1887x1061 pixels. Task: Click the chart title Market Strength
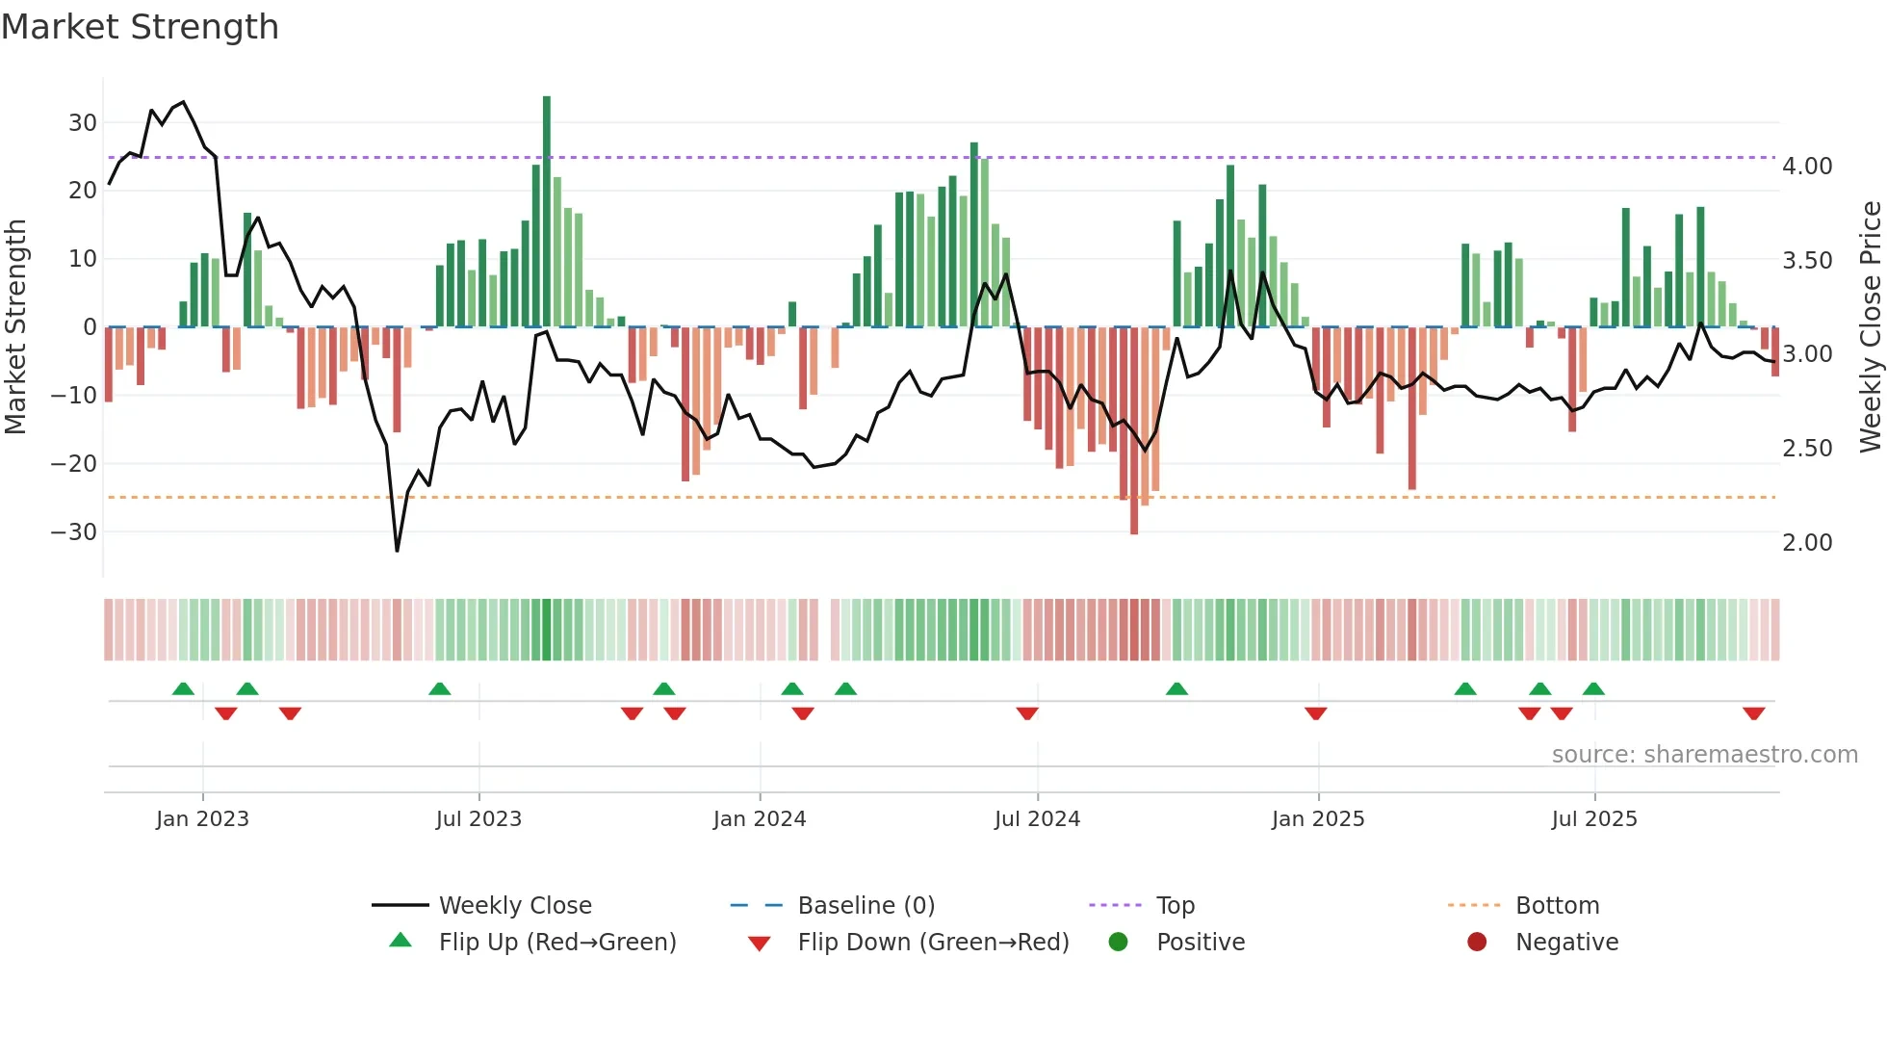pos(140,27)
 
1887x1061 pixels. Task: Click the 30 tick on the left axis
pos(82,123)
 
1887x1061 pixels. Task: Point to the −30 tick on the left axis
pos(74,532)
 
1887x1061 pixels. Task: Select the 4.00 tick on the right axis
pos(1807,167)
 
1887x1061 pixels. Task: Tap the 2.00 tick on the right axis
pos(1807,543)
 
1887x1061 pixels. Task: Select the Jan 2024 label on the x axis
pos(760,819)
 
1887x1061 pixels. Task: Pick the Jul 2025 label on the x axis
pos(1594,819)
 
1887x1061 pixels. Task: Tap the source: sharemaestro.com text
pos(1704,755)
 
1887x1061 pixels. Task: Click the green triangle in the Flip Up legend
pos(401,941)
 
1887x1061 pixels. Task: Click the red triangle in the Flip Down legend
pos(759,944)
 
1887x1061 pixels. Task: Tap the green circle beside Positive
pos(1118,942)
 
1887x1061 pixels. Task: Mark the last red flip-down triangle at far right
pos(1753,713)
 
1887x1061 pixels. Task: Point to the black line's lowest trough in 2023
pos(397,551)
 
